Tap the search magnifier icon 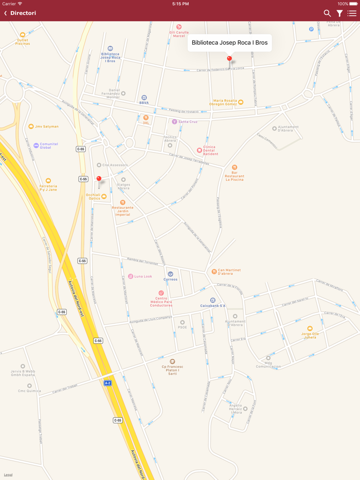coord(327,13)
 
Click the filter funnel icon coord(340,13)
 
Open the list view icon coord(352,13)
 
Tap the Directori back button coord(20,13)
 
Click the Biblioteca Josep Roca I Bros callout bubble coord(229,43)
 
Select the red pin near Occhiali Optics coord(99,179)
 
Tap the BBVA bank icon coord(144,98)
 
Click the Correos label coord(170,280)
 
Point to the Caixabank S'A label coord(212,306)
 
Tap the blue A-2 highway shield coord(107,383)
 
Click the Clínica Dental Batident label coord(210,150)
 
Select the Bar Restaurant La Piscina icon coord(235,168)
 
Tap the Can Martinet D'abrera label coord(229,272)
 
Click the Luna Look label coord(143,276)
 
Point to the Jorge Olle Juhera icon coord(310,328)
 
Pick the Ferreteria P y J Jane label coord(48,188)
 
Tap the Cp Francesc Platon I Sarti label coord(172,370)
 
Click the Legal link coord(8,475)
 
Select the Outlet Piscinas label coord(23,42)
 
